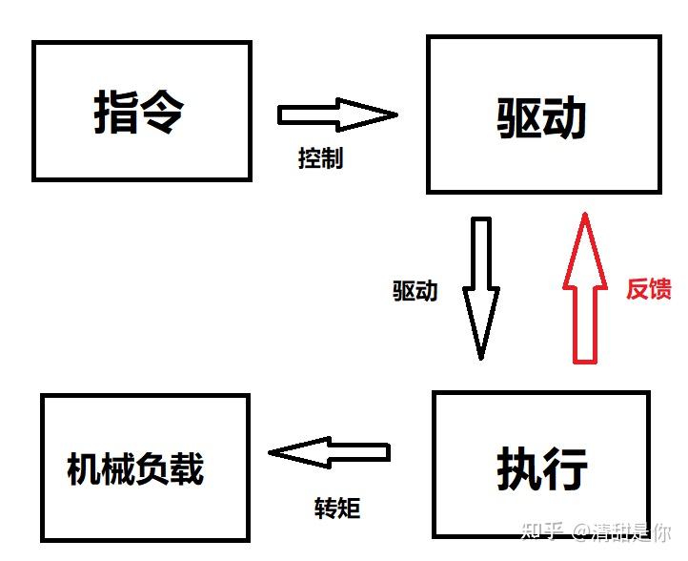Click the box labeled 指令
click(x=142, y=111)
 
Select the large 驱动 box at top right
click(x=543, y=114)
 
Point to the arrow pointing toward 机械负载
click(x=330, y=451)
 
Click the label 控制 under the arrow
click(x=320, y=158)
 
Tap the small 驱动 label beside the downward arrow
click(x=415, y=291)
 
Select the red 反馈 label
click(x=649, y=289)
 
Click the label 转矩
click(x=337, y=507)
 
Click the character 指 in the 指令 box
click(x=116, y=112)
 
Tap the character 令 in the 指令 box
click(x=163, y=112)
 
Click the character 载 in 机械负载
click(x=187, y=468)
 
